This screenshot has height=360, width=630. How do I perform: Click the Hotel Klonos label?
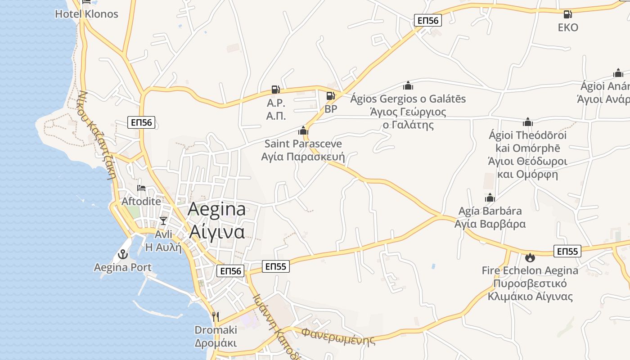click(x=86, y=14)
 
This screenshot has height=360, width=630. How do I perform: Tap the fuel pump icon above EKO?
click(x=568, y=14)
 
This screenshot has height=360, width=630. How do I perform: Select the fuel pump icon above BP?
click(x=331, y=95)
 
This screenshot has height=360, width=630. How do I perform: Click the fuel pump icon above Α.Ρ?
click(x=276, y=90)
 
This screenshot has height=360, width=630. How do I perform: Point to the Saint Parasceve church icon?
click(x=303, y=130)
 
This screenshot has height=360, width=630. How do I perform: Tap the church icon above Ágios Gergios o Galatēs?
click(x=408, y=85)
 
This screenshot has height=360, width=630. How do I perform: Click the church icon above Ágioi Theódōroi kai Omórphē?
click(x=528, y=121)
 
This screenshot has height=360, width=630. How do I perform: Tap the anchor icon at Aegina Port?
click(x=122, y=254)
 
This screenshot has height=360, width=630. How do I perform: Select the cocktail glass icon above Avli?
click(x=163, y=220)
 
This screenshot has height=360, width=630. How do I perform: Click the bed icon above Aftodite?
click(x=141, y=188)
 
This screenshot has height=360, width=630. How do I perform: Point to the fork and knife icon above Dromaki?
click(x=216, y=317)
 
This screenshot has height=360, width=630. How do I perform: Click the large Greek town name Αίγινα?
click(x=217, y=232)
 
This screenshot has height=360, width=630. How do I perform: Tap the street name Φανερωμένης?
click(x=338, y=336)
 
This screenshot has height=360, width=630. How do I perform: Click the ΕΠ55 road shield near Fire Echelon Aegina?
click(x=567, y=251)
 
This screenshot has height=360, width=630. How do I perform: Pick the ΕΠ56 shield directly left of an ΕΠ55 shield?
click(x=231, y=270)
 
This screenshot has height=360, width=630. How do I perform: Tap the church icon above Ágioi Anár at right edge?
click(x=618, y=73)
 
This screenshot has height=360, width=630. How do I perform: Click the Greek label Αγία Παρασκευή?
click(x=303, y=157)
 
